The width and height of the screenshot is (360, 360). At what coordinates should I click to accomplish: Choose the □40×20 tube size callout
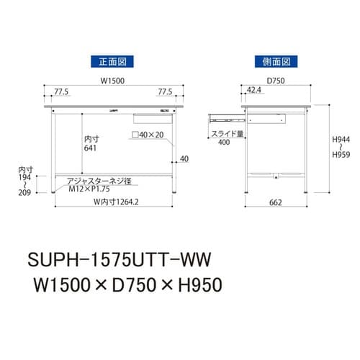(148, 134)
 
